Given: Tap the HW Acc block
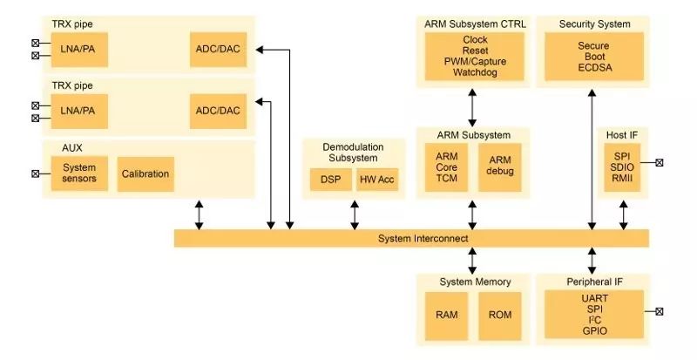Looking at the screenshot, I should point(376,180).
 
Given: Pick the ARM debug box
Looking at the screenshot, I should point(499,166).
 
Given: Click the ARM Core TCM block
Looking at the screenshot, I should point(446,166).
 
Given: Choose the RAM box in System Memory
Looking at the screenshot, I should point(446,315).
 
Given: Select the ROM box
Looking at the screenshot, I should point(499,315).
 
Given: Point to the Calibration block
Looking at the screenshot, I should point(145,173).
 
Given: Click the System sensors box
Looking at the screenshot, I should point(79,173).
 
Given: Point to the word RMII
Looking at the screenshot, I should point(622,178).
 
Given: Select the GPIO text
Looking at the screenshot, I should point(593,331).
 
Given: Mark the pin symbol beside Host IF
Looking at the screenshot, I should point(660,162).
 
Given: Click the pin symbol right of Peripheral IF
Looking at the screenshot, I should point(660,312).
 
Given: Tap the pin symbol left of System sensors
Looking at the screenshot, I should point(36,173).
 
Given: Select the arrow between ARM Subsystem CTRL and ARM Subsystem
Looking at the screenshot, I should point(472,106).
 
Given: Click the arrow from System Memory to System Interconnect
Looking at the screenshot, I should point(472,260).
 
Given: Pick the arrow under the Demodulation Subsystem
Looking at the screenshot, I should point(354,214).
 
